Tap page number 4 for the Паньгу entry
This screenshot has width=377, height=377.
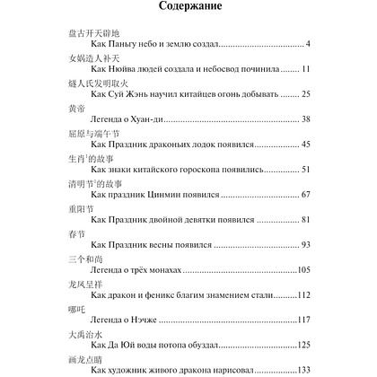307,43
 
